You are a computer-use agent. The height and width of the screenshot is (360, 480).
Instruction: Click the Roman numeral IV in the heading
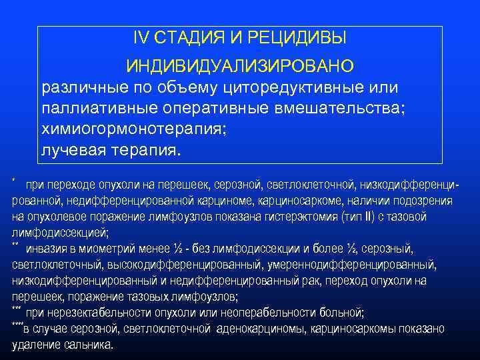coord(141,39)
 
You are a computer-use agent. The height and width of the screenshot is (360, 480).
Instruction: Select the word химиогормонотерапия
coord(133,129)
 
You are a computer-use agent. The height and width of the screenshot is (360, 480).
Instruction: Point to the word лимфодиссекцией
coord(60,233)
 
